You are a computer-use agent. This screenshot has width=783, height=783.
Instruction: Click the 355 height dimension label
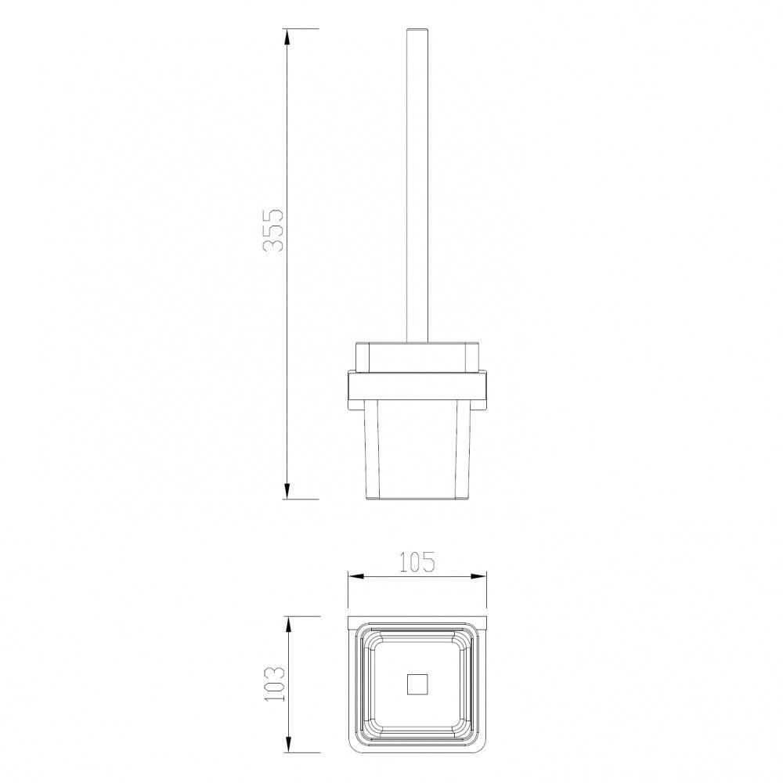(x=273, y=229)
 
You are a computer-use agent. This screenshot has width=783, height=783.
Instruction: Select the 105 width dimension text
(x=417, y=561)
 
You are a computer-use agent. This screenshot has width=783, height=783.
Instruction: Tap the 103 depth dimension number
(x=273, y=684)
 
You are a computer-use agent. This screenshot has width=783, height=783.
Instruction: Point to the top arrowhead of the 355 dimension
(x=287, y=38)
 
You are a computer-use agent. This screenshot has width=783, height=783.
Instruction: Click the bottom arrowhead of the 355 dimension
(x=287, y=490)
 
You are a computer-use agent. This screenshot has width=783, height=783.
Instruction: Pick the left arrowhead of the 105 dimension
(x=357, y=576)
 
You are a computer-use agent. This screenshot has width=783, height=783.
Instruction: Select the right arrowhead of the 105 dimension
(x=478, y=576)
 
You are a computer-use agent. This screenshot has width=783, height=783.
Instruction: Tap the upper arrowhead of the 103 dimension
(x=287, y=626)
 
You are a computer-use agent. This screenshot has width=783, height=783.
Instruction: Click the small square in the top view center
(x=417, y=684)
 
